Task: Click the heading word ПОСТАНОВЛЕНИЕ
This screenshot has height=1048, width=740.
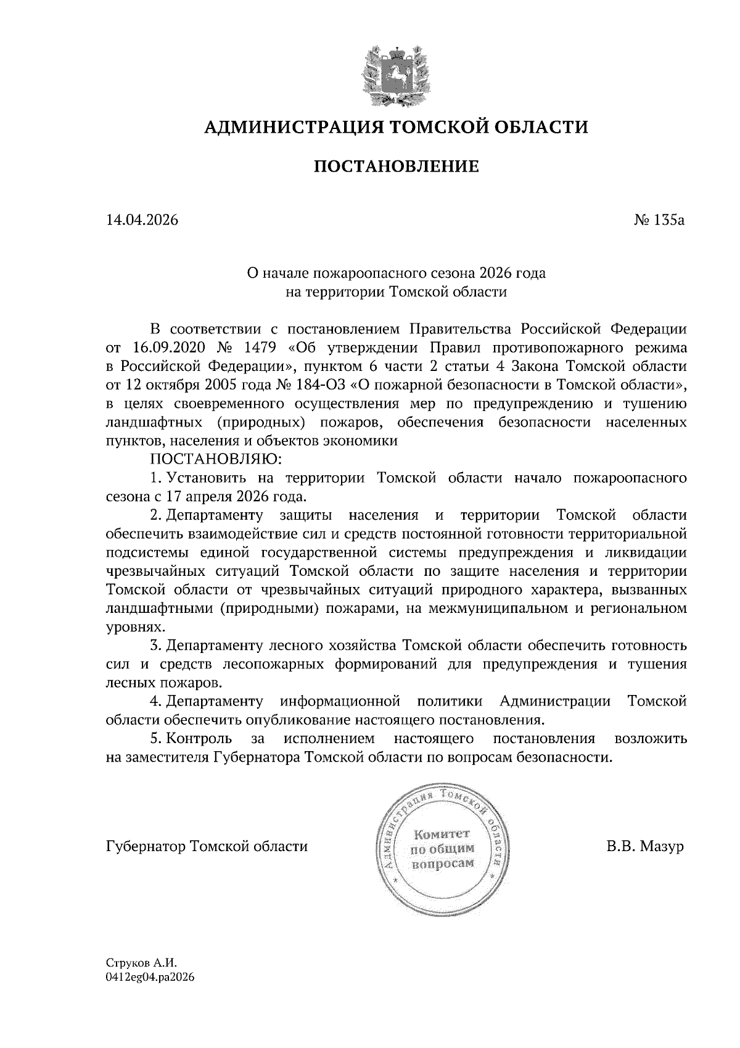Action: point(397,166)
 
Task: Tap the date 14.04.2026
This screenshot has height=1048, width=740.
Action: point(142,220)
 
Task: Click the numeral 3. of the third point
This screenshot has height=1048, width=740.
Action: point(155,646)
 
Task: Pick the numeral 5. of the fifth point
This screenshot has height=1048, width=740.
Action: point(155,739)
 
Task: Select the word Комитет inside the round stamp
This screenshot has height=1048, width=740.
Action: point(442,834)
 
